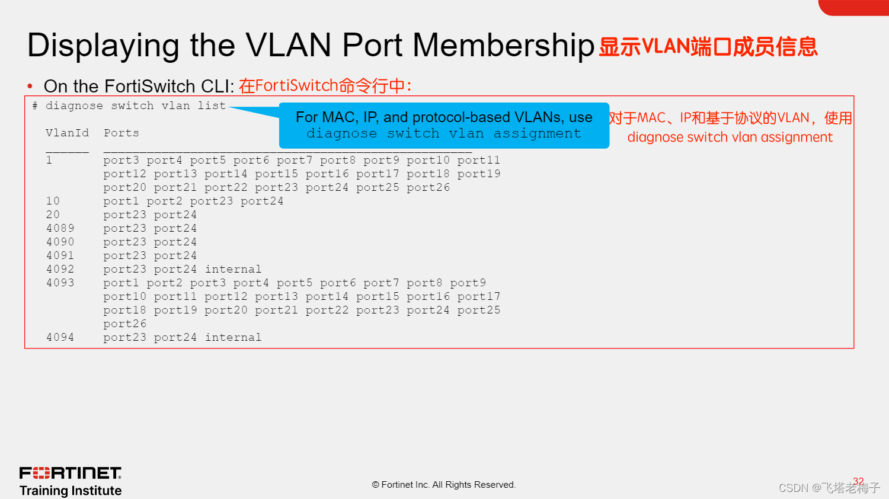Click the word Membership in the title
503,46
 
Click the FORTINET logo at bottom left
71,473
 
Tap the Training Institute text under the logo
71,491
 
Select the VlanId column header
67,133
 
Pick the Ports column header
121,133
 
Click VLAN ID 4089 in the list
60,228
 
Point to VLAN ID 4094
60,337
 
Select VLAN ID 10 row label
53,201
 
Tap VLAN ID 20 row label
53,215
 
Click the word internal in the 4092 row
233,269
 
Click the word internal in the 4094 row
233,337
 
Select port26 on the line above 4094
124,324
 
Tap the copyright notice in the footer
444,485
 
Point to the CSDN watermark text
829,488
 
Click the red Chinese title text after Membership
708,46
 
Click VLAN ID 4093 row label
60,283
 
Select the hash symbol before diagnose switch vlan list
35,105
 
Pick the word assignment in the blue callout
537,133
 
